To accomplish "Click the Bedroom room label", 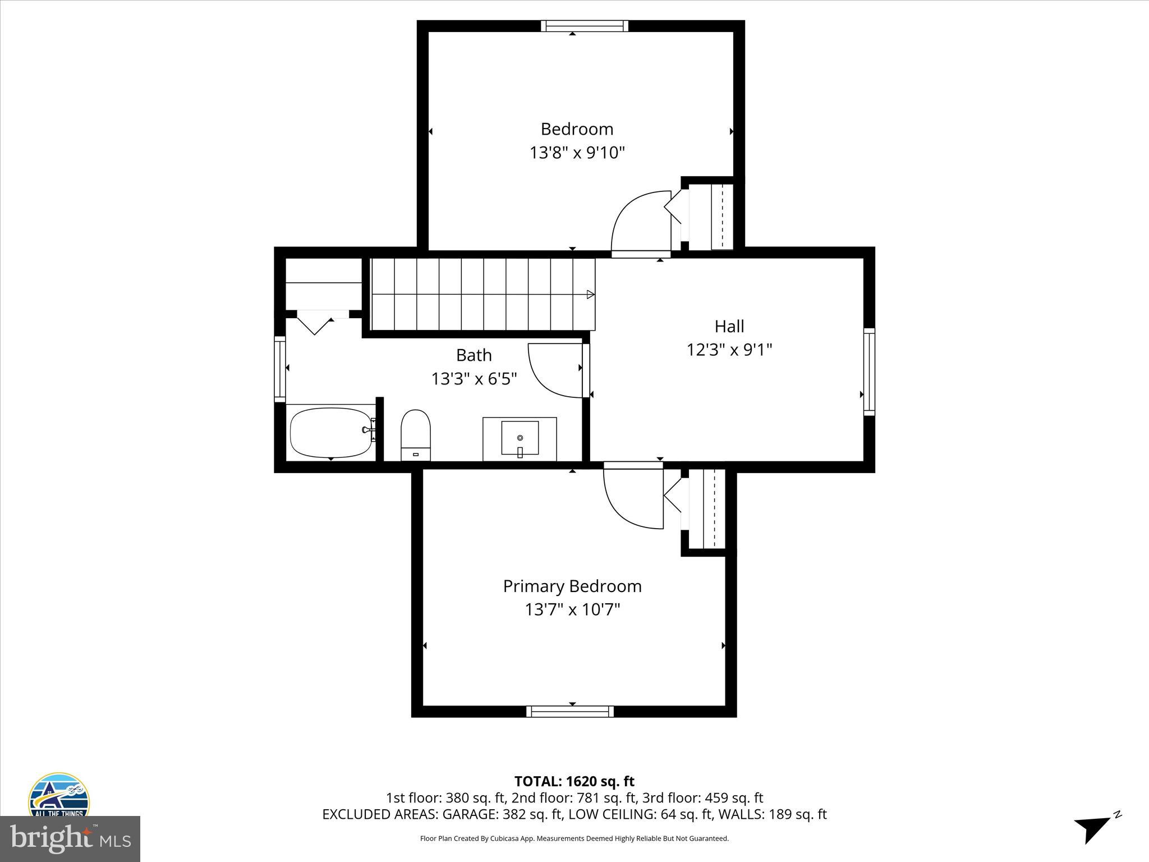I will point(577,129).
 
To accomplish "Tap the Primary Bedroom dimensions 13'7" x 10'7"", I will point(572,609).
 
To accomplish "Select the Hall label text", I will point(729,326).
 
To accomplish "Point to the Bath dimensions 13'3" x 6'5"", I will point(474,379).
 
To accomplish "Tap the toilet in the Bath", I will point(416,433).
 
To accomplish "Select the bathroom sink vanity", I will point(520,438).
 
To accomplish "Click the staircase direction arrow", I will point(590,294).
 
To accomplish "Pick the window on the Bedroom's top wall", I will point(585,26).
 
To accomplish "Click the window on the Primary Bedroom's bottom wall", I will point(570,712).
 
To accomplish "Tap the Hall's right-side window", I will point(868,372).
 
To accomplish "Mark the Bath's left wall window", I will point(279,369).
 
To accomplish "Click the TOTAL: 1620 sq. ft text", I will point(574,781).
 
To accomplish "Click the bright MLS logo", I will point(70,838).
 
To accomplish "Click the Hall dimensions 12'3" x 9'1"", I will point(729,350).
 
